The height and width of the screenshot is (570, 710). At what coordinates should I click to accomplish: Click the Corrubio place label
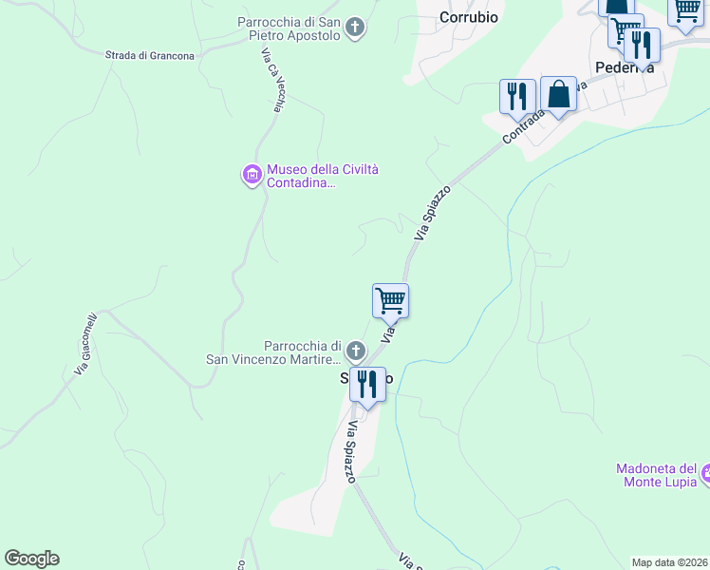pos(469,17)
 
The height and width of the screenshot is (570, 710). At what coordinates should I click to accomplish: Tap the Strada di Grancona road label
pos(150,55)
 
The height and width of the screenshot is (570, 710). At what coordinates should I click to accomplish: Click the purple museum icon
pos(252,175)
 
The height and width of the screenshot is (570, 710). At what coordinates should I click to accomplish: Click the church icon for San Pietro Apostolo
pos(355,28)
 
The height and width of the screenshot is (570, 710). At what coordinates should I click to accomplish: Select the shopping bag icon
pos(558,95)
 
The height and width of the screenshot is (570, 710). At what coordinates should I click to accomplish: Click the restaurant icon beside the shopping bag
pos(517,96)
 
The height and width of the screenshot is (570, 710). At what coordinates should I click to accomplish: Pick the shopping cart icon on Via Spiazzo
pos(390,301)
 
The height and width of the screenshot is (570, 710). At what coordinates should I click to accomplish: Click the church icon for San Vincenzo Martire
pos(355,351)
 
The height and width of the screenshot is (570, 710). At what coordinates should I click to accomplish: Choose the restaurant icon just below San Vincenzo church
pos(367,385)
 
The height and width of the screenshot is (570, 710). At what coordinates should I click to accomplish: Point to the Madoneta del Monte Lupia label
pos(657,475)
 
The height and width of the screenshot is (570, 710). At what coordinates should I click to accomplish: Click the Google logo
pos(31,559)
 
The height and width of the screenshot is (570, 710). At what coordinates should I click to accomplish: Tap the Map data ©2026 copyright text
pos(669,562)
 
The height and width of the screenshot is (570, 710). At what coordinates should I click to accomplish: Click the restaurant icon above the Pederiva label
pos(643,44)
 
